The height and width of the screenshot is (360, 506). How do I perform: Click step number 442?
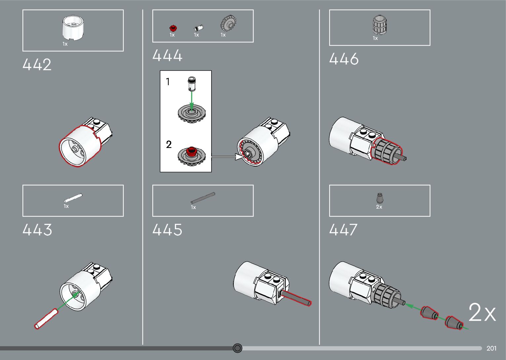[37, 65]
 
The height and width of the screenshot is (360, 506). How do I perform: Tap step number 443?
[37, 230]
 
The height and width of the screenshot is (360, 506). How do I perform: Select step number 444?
[167, 56]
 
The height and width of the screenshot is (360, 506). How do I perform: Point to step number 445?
[167, 230]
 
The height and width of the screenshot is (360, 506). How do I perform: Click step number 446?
[344, 59]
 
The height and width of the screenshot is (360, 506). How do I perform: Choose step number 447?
[343, 230]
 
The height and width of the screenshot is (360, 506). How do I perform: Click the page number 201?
[491, 348]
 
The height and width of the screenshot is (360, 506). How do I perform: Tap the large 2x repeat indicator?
[482, 312]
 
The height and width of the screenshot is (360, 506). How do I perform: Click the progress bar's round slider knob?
[237, 348]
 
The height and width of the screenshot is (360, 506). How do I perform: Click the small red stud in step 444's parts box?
[172, 28]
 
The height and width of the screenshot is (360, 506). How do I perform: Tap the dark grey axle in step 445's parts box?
[203, 198]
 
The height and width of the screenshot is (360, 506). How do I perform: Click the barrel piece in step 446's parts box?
[379, 25]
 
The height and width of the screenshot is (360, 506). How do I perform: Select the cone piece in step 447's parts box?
[380, 198]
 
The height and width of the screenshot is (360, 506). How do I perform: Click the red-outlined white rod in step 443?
[46, 319]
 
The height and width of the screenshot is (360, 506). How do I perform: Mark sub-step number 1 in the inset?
[168, 82]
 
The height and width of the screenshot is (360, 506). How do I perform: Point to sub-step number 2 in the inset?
[169, 144]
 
